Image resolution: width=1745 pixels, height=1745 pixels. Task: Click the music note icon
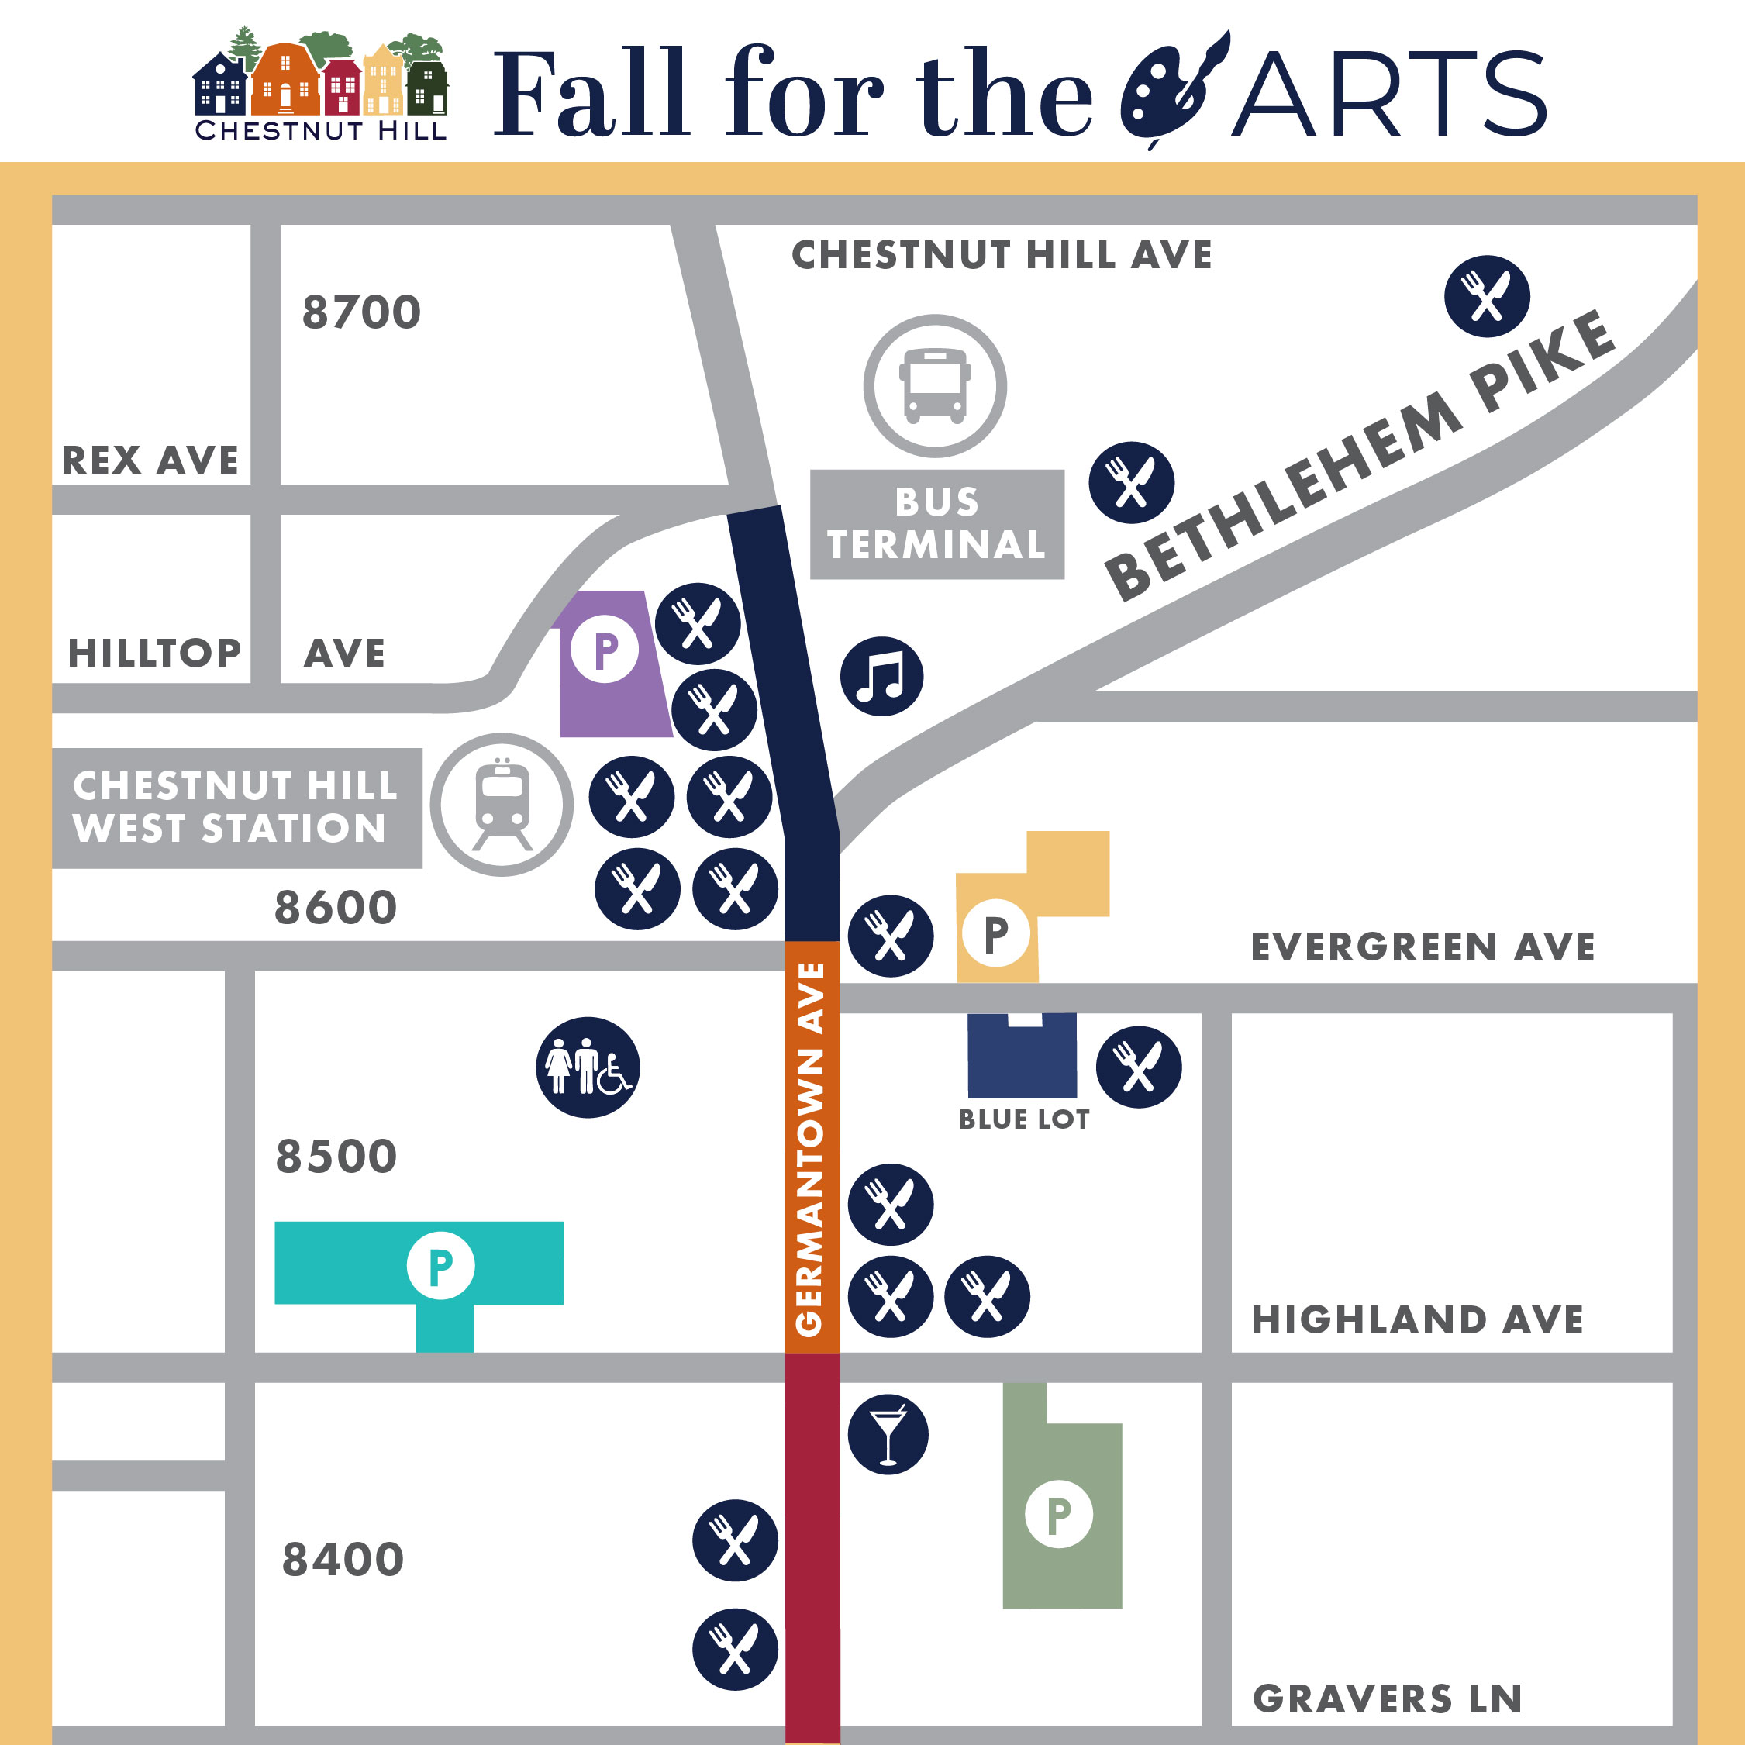(881, 677)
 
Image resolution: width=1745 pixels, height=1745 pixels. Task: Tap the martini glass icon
(888, 1434)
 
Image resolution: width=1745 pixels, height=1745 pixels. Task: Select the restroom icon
(588, 1067)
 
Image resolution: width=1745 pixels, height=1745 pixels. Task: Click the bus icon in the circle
(935, 386)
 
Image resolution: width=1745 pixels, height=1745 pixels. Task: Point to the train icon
(502, 805)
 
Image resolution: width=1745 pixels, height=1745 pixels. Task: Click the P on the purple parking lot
(605, 649)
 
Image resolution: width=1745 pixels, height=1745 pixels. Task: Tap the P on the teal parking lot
(441, 1265)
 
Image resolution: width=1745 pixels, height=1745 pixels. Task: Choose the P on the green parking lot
(1059, 1515)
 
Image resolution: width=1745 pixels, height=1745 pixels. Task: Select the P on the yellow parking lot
(995, 933)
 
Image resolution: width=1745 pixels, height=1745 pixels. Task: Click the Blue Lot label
(1024, 1120)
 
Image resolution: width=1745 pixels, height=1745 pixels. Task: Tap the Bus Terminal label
(936, 524)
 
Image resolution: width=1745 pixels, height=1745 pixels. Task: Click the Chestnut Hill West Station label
(235, 808)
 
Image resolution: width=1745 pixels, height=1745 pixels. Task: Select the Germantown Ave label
(810, 1149)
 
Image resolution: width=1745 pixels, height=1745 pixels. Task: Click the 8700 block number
(361, 312)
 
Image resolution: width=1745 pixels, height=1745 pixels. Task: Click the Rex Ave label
(150, 460)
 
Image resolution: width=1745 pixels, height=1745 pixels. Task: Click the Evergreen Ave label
(1423, 947)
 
